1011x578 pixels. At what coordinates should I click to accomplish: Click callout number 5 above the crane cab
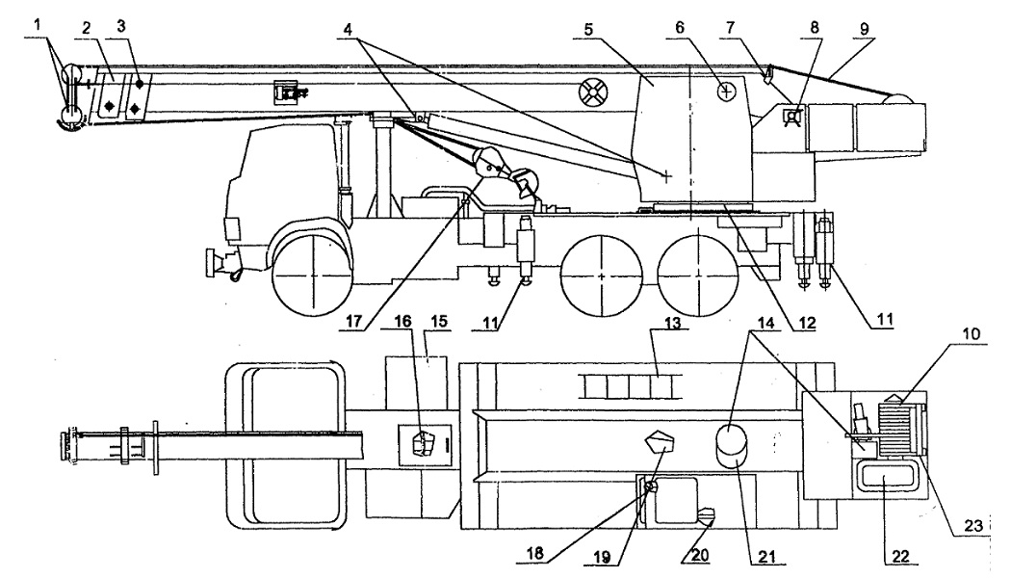point(588,30)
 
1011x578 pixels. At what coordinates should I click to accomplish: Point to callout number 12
point(806,322)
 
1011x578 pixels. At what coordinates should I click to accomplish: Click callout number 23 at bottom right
point(972,526)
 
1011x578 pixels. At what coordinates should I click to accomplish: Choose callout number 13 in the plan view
point(672,322)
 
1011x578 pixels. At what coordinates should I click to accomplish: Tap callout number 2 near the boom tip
point(88,29)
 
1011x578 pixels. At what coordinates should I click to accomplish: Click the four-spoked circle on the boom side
point(593,94)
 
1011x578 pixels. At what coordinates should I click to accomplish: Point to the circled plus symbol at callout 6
point(727,92)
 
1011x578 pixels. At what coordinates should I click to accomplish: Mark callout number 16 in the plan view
point(403,321)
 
